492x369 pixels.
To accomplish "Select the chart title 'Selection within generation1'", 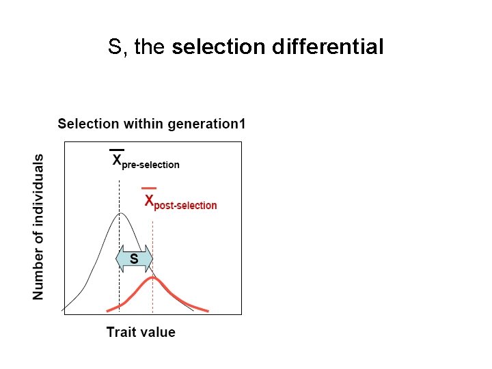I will pos(151,124).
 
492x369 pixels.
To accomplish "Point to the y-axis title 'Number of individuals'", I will pos(38,226).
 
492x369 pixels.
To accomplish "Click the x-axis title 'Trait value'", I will pos(141,332).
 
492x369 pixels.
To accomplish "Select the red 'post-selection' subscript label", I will pos(185,206).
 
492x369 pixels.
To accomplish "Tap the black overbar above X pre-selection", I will pos(117,149).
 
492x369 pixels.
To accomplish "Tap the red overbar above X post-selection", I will pos(148,188).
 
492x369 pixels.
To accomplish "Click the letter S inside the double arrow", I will pos(134,259).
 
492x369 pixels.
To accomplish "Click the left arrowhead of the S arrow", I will pos(119,259).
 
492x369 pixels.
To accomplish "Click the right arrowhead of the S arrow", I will pos(148,259).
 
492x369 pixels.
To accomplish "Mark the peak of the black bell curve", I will pos(120,213).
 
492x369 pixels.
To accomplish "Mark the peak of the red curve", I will pos(152,278).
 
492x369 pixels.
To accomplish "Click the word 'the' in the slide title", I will pos(151,47).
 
